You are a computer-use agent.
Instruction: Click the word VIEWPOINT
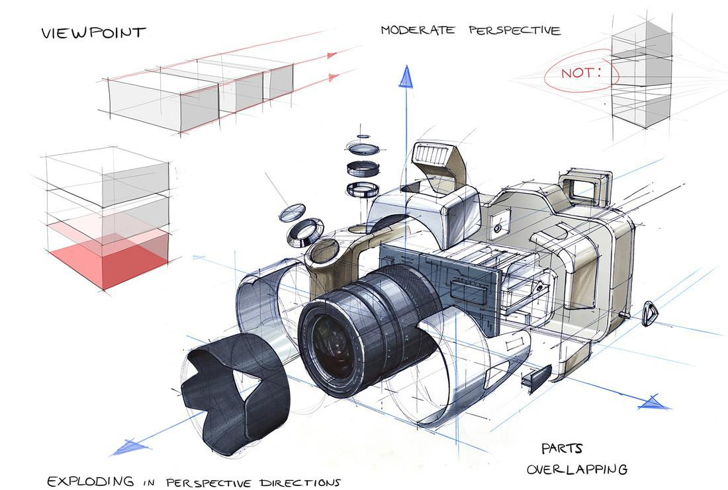[93, 32]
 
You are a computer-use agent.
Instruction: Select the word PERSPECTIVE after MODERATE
[515, 30]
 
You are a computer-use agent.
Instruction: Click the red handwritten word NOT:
[581, 73]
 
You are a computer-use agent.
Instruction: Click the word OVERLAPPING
[576, 470]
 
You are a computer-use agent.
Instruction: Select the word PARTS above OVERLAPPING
[562, 448]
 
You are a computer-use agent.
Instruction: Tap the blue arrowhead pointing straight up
[405, 78]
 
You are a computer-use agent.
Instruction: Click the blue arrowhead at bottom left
[126, 448]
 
